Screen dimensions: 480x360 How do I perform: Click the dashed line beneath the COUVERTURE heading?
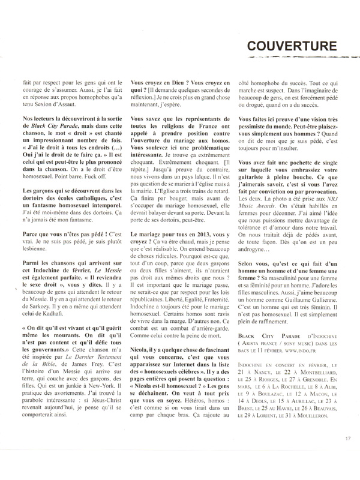tap(289, 60)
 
